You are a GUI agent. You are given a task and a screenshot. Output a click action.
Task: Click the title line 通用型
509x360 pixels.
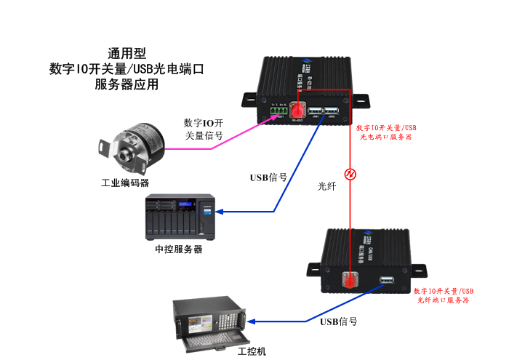(127, 54)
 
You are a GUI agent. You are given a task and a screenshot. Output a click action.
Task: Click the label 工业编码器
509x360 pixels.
(125, 183)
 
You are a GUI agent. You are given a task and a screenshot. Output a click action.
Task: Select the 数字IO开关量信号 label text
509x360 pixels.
(203, 129)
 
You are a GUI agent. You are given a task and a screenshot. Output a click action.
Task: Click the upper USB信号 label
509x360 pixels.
(268, 177)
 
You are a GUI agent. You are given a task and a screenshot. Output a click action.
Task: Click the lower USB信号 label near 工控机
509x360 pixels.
(338, 321)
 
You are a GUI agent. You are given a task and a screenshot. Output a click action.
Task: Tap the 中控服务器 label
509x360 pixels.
(179, 249)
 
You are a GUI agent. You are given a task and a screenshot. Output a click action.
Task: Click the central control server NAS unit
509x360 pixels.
(179, 216)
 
